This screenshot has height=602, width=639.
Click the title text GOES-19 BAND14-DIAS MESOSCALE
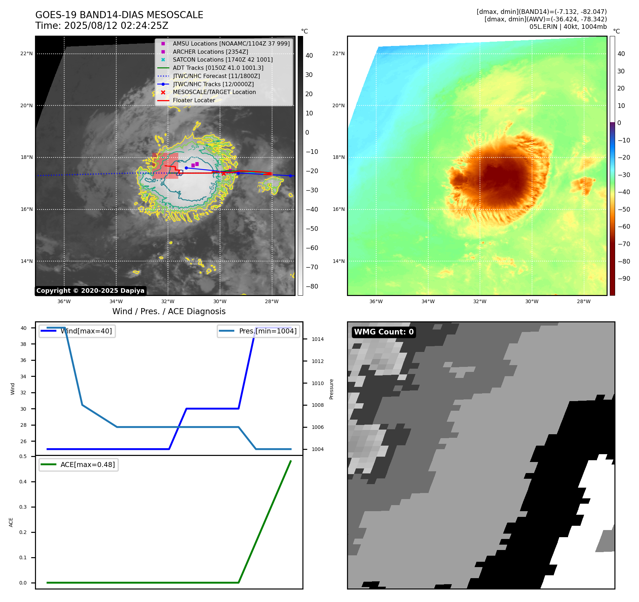[x=119, y=15]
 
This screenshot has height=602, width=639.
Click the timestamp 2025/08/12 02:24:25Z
[x=116, y=26]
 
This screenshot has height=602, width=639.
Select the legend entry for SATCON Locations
[x=223, y=60]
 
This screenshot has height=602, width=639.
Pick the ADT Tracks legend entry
[x=218, y=68]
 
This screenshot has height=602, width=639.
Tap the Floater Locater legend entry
[x=194, y=100]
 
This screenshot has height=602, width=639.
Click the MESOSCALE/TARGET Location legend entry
[x=214, y=92]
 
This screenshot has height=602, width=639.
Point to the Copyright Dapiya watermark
[x=90, y=291]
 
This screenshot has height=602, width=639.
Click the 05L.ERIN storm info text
[x=568, y=27]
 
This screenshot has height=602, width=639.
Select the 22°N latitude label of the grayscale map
[x=26, y=54]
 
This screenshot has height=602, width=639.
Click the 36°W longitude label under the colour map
[x=376, y=302]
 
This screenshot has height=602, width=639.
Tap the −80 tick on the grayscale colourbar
[x=312, y=286]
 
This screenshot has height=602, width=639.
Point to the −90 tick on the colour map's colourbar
[x=624, y=279]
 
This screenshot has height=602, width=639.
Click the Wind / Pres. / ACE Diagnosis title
[x=169, y=312]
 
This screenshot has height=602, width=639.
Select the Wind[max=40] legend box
[x=77, y=331]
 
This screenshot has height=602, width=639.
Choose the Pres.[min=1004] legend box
[x=259, y=331]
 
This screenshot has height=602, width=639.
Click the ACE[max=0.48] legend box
[x=78, y=465]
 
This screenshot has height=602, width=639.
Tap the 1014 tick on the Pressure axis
[x=317, y=339]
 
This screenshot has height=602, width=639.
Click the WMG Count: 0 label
[x=384, y=332]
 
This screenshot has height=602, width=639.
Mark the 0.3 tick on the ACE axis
[x=23, y=507]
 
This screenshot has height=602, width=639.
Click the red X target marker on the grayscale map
[x=224, y=173]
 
